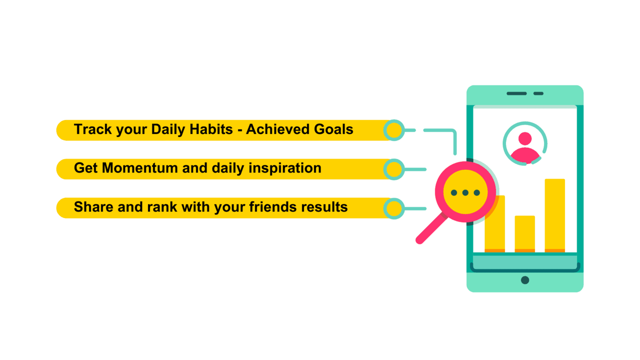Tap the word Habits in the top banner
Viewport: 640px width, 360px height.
pyautogui.click(x=211, y=129)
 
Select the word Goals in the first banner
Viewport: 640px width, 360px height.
pyautogui.click(x=334, y=129)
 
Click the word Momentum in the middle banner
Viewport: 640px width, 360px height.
pyautogui.click(x=140, y=168)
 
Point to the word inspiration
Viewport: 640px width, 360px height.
pyautogui.click(x=285, y=168)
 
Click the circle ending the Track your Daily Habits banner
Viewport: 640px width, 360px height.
pyautogui.click(x=394, y=130)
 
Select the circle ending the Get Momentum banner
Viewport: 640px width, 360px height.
pyautogui.click(x=394, y=169)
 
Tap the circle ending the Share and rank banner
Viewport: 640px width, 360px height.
pyautogui.click(x=394, y=209)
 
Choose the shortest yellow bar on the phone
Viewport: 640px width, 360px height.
pyautogui.click(x=525, y=234)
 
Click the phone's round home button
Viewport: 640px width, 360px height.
pyautogui.click(x=525, y=280)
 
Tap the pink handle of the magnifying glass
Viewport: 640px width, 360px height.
pyautogui.click(x=432, y=229)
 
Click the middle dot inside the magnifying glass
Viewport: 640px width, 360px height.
pyautogui.click(x=465, y=193)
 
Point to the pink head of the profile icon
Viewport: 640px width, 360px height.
pyautogui.click(x=525, y=139)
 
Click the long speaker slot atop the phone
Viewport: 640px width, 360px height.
pyautogui.click(x=517, y=93)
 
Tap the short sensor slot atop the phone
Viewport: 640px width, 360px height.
pyautogui.click(x=538, y=93)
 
